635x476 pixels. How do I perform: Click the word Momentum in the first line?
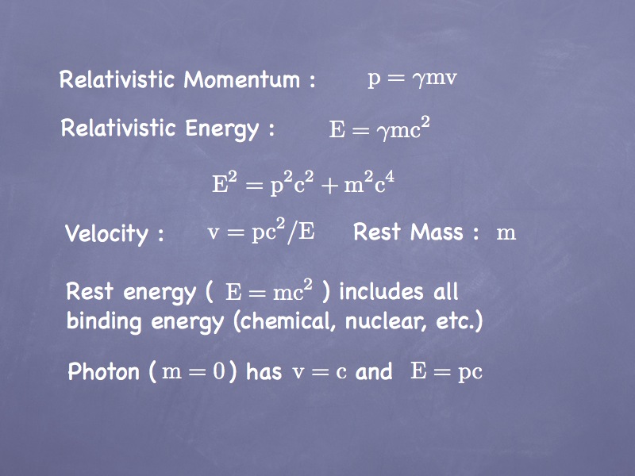point(242,79)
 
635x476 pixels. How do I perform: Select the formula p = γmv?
point(412,78)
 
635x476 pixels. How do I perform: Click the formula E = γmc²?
point(379,129)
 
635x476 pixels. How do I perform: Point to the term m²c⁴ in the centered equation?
point(369,182)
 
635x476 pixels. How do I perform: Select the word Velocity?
point(107,233)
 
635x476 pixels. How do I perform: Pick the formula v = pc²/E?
point(261,231)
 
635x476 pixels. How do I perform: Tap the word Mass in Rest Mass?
point(437,232)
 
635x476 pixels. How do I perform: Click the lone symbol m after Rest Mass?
point(506,233)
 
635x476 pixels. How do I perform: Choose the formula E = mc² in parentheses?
point(269,291)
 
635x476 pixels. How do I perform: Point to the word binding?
point(104,321)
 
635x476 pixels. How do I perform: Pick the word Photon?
point(104,371)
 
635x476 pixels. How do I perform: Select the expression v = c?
point(320,371)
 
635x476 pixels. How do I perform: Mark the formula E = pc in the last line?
point(446,372)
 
